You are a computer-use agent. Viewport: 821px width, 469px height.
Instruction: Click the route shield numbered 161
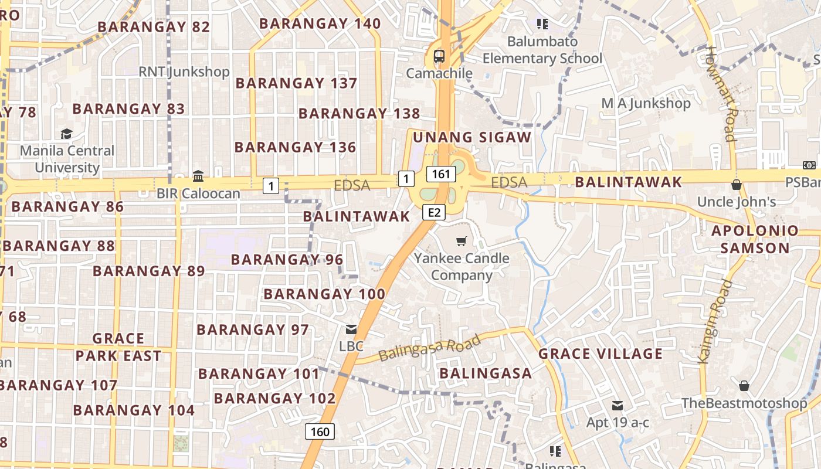(441, 174)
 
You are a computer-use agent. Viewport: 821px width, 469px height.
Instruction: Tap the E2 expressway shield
(433, 212)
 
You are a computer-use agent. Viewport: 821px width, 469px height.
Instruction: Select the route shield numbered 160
(320, 431)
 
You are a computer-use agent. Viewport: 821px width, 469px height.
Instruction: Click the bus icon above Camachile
(439, 56)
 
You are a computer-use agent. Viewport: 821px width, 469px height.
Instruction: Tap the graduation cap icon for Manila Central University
(67, 134)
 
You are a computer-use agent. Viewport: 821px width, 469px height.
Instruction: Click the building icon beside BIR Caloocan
(198, 176)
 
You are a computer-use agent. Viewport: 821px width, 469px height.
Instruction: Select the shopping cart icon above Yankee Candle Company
(462, 241)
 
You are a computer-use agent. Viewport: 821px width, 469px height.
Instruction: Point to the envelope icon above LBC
(351, 329)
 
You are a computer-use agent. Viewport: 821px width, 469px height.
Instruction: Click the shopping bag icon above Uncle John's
(737, 185)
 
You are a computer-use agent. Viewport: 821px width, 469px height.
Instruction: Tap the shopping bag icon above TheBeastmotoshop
(744, 386)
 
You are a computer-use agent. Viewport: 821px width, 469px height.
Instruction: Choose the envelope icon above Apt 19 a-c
(617, 405)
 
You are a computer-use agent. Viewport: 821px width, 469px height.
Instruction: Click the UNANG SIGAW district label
(472, 137)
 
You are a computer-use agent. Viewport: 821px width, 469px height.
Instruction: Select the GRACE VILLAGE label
(601, 354)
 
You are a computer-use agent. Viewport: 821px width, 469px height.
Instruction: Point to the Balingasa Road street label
(429, 348)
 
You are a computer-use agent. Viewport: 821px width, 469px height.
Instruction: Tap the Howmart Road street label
(721, 94)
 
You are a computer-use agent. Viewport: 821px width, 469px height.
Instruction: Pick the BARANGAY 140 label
(320, 23)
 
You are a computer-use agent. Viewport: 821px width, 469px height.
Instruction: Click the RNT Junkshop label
(184, 72)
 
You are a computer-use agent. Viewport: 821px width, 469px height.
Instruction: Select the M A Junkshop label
(646, 103)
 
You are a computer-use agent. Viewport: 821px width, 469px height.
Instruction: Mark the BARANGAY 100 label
(324, 294)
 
